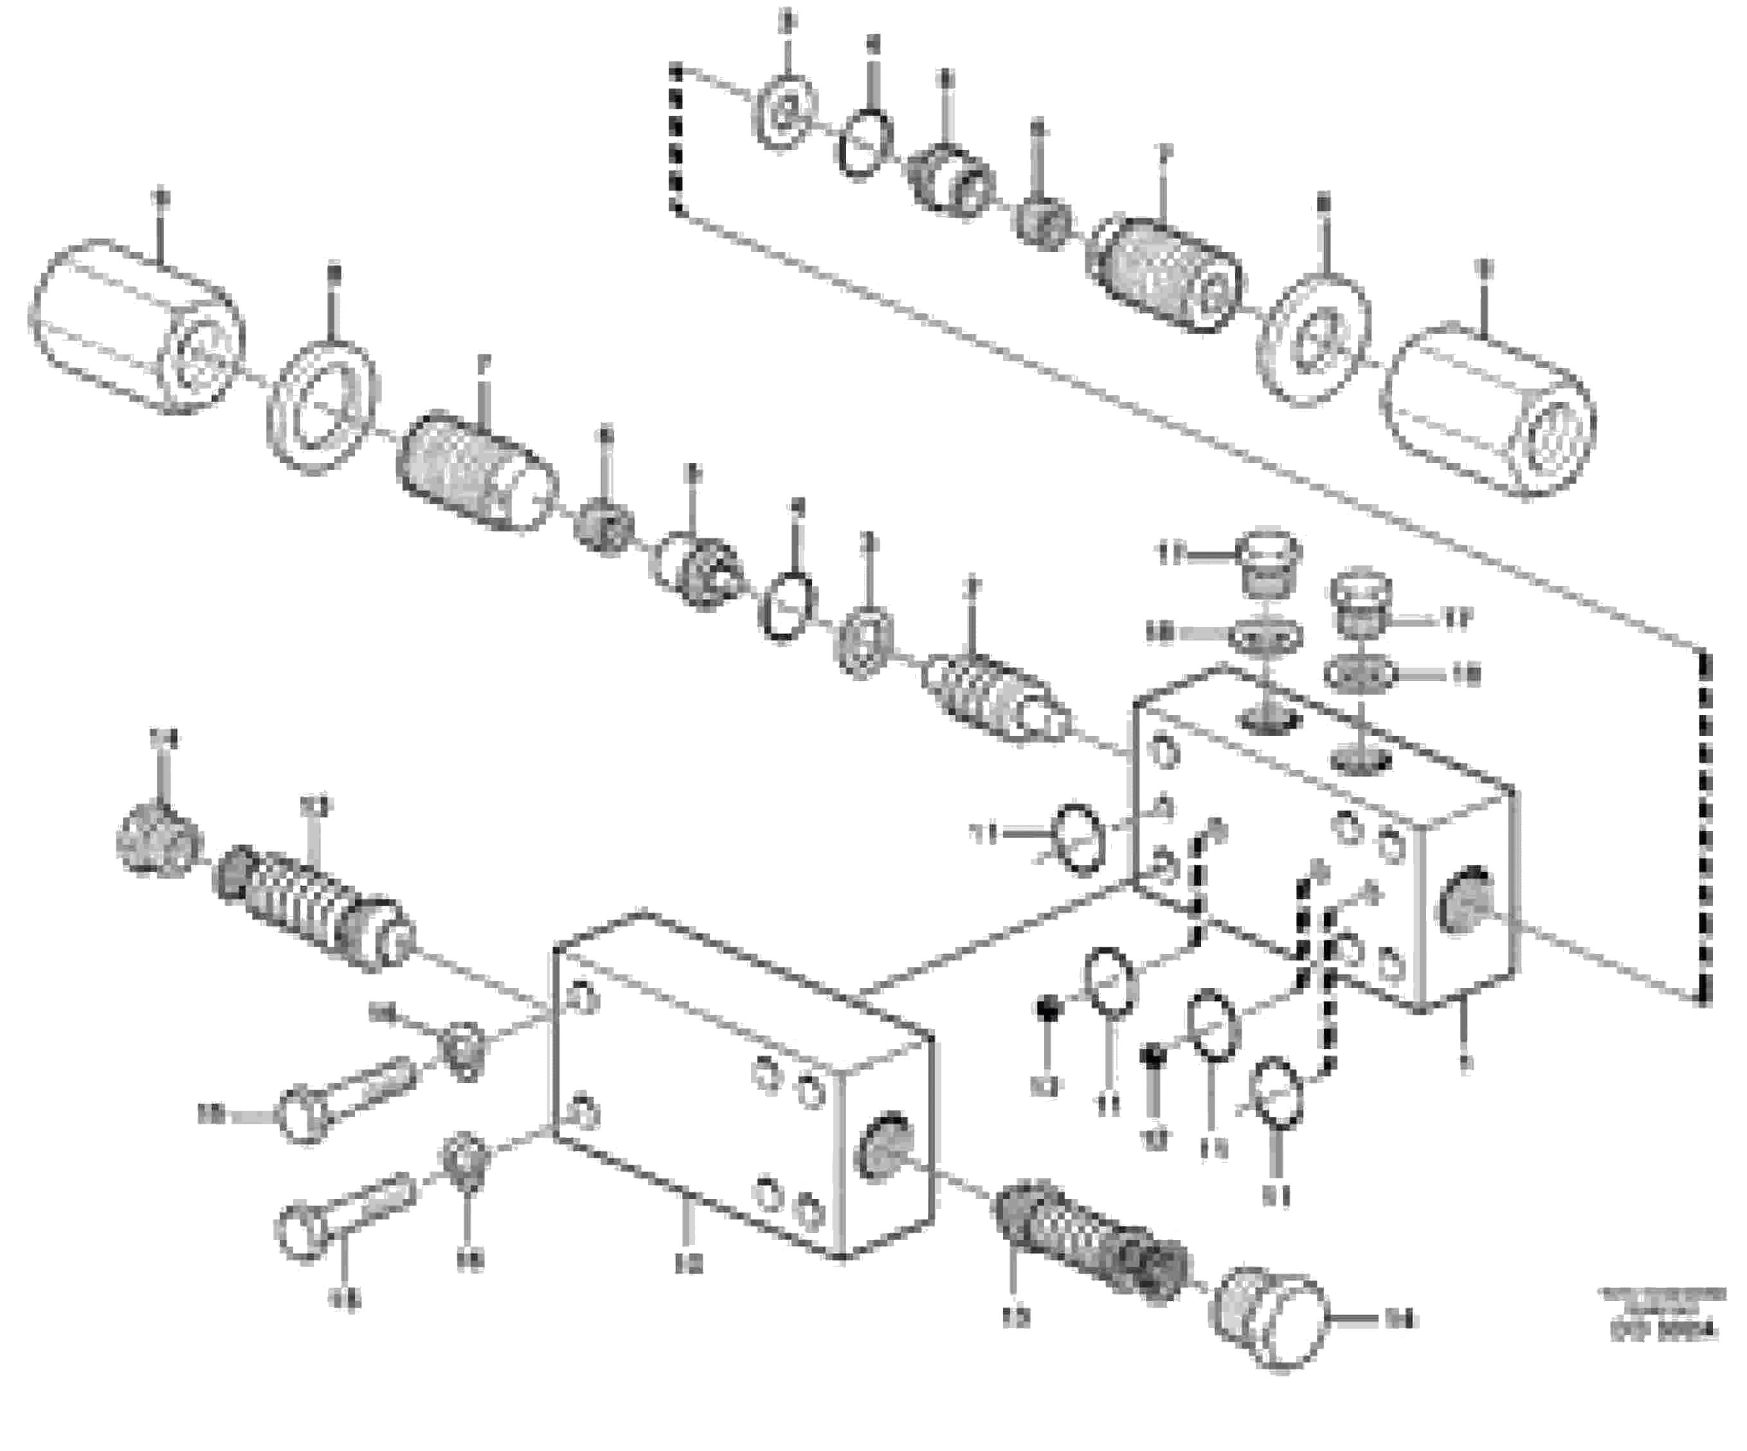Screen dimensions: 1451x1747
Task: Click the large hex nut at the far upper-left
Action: click(137, 326)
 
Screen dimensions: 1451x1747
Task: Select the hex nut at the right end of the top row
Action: click(1487, 411)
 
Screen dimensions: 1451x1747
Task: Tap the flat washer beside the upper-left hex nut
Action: click(323, 406)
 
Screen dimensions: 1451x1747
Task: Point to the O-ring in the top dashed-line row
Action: click(865, 144)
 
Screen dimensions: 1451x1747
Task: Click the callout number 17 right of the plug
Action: click(1456, 618)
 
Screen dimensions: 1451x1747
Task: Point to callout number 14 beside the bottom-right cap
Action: click(1398, 1319)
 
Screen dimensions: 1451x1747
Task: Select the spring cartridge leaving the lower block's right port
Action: click(1090, 1237)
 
